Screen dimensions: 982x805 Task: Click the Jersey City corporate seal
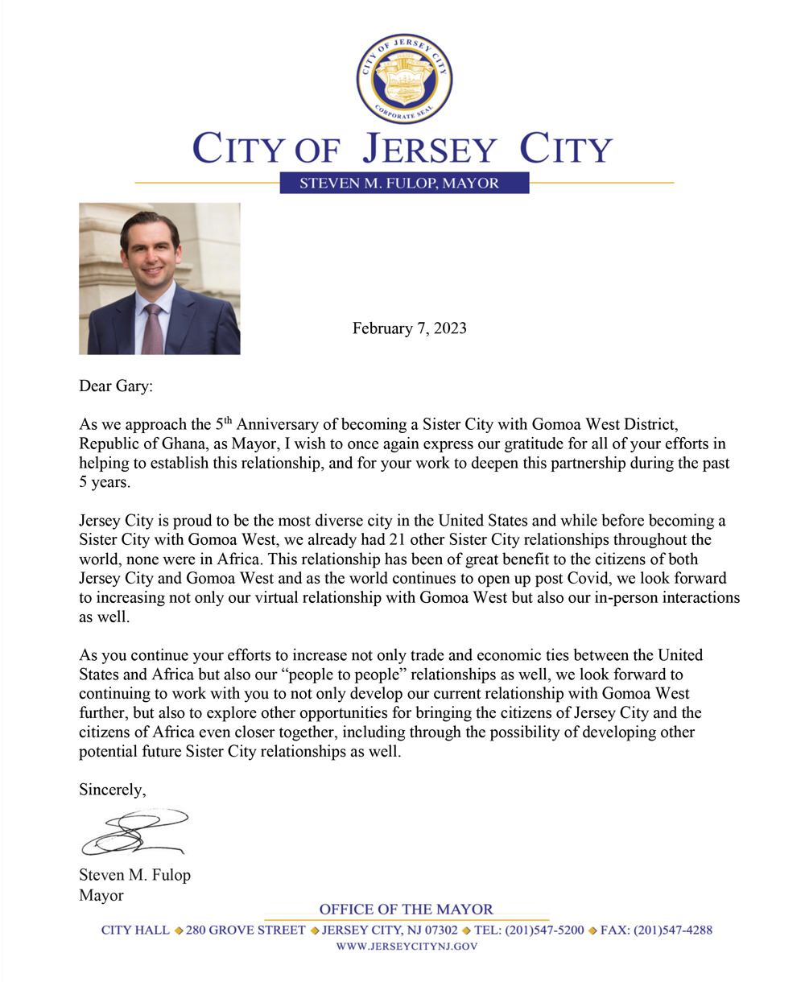tap(404, 79)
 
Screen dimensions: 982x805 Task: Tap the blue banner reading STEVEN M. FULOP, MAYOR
tap(404, 183)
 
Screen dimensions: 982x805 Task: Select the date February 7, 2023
tap(410, 328)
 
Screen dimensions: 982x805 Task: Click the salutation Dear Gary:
tap(115, 386)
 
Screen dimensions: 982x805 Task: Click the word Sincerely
tap(112, 790)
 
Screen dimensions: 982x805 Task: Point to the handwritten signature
tap(133, 832)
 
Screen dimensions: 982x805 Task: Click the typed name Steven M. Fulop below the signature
tap(134, 875)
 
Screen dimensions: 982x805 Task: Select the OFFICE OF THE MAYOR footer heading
tap(406, 910)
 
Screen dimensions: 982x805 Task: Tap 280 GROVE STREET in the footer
tap(246, 930)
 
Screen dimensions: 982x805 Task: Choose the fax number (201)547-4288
tap(673, 930)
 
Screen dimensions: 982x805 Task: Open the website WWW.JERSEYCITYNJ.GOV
tap(407, 947)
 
